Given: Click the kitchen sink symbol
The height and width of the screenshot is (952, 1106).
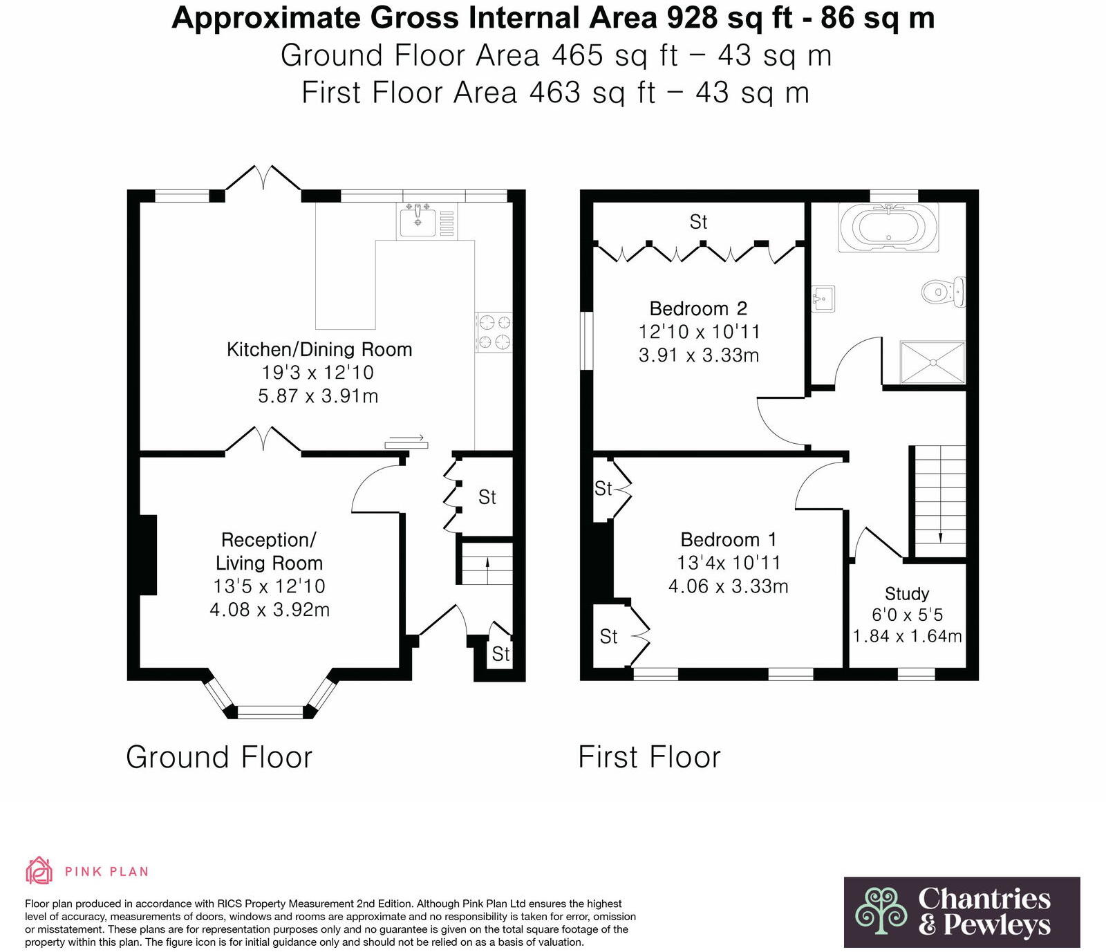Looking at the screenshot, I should (417, 221).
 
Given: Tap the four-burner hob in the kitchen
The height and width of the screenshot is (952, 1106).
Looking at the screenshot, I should (494, 332).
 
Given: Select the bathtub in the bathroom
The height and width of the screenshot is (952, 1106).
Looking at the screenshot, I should (888, 227).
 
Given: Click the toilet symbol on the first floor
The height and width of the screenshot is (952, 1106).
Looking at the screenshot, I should (942, 292).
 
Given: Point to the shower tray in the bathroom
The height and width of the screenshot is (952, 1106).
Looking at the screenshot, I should (932, 362).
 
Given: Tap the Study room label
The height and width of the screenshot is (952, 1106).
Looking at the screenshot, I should (907, 594).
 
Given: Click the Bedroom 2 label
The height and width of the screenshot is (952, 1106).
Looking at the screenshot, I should (698, 308).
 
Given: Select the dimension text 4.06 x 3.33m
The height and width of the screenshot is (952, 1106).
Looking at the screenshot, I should (728, 586).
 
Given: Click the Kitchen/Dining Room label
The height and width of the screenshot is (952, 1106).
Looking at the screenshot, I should (319, 349).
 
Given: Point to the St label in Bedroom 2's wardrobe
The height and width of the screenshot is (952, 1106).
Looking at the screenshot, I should (698, 222).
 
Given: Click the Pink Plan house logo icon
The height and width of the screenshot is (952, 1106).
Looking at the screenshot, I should (39, 870).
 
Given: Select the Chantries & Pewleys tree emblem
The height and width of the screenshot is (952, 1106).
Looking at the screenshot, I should (881, 912).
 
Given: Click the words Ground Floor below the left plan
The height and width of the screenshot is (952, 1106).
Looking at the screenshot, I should (219, 757).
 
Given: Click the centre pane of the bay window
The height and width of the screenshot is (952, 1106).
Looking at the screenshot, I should (270, 711).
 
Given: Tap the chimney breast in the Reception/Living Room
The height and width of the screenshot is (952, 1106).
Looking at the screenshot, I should (149, 554).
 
